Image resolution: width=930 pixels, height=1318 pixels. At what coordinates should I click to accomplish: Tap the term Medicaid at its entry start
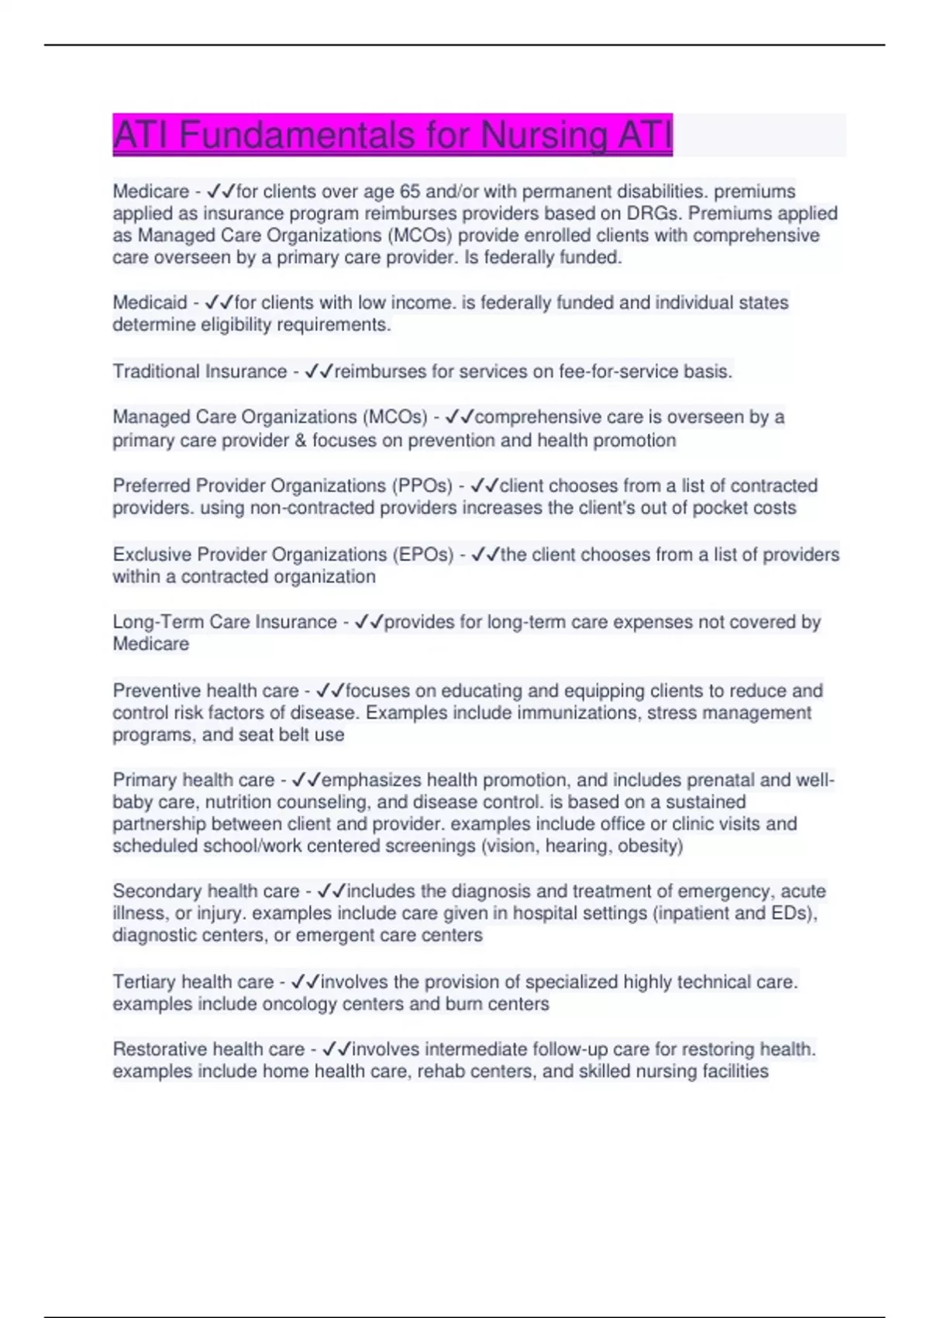tap(150, 302)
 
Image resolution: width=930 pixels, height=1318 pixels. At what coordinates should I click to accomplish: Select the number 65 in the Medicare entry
tap(410, 191)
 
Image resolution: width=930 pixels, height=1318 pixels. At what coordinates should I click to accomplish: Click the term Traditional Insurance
tap(200, 371)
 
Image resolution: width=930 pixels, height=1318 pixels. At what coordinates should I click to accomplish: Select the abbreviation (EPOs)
tap(423, 555)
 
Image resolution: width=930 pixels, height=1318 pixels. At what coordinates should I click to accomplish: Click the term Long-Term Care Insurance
tap(225, 622)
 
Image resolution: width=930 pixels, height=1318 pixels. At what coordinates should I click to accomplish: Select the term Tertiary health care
tap(193, 982)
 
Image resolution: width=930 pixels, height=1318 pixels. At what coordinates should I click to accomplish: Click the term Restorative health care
tap(208, 1050)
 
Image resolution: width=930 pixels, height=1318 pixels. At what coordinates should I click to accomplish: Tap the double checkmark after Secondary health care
tap(331, 892)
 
